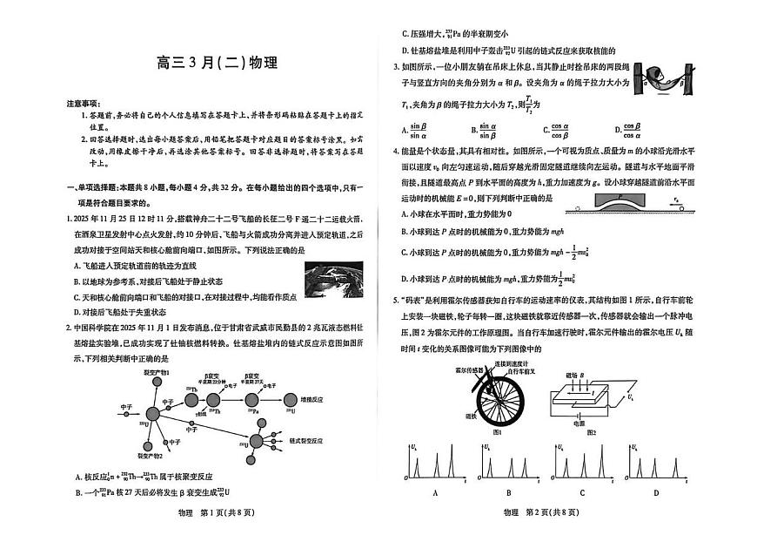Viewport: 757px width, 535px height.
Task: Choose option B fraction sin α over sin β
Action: (x=485, y=131)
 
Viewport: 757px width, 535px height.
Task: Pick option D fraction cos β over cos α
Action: (x=626, y=131)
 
